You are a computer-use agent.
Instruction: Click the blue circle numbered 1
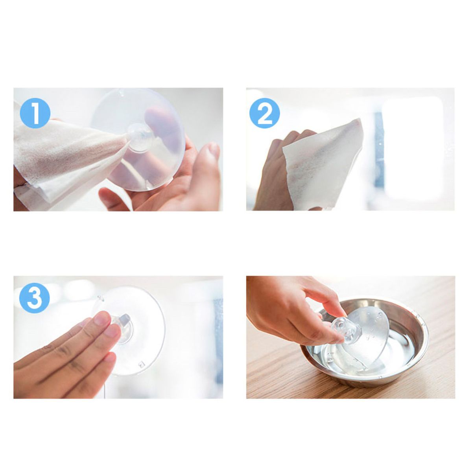click(35, 113)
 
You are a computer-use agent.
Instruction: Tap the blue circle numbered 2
click(265, 113)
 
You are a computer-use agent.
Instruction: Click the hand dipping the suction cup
click(294, 311)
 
